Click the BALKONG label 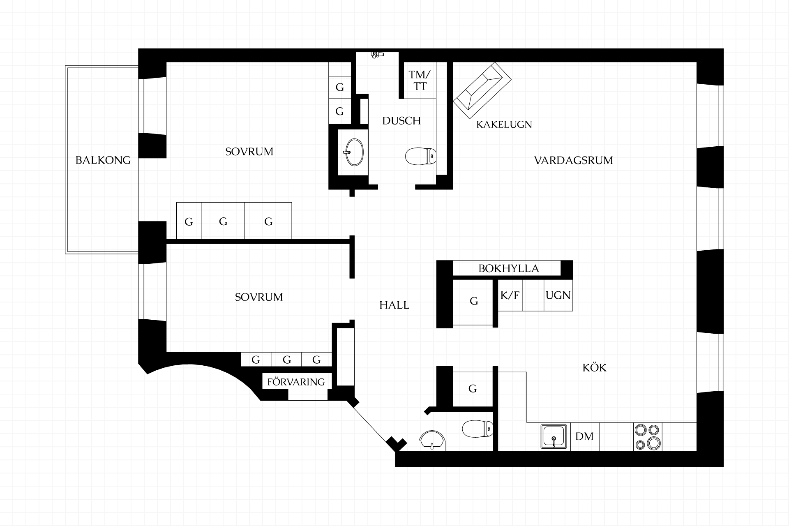pos(103,160)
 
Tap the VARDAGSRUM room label pos(573,160)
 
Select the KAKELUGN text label pos(504,125)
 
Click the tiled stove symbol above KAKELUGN pos(482,90)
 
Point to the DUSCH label pos(401,121)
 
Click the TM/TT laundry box pos(420,81)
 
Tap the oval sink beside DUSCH pos(353,152)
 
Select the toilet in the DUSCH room pos(420,156)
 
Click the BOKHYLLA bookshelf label pos(508,268)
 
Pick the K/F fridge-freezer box pos(510,295)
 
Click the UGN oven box pos(558,295)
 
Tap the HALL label pos(394,305)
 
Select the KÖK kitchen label pos(594,367)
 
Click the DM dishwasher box pos(584,436)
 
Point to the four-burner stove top pos(648,437)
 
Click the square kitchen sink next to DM pos(554,436)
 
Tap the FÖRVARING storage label pos(296,382)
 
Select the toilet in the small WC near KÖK pos(478,429)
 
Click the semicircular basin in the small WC pos(432,441)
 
